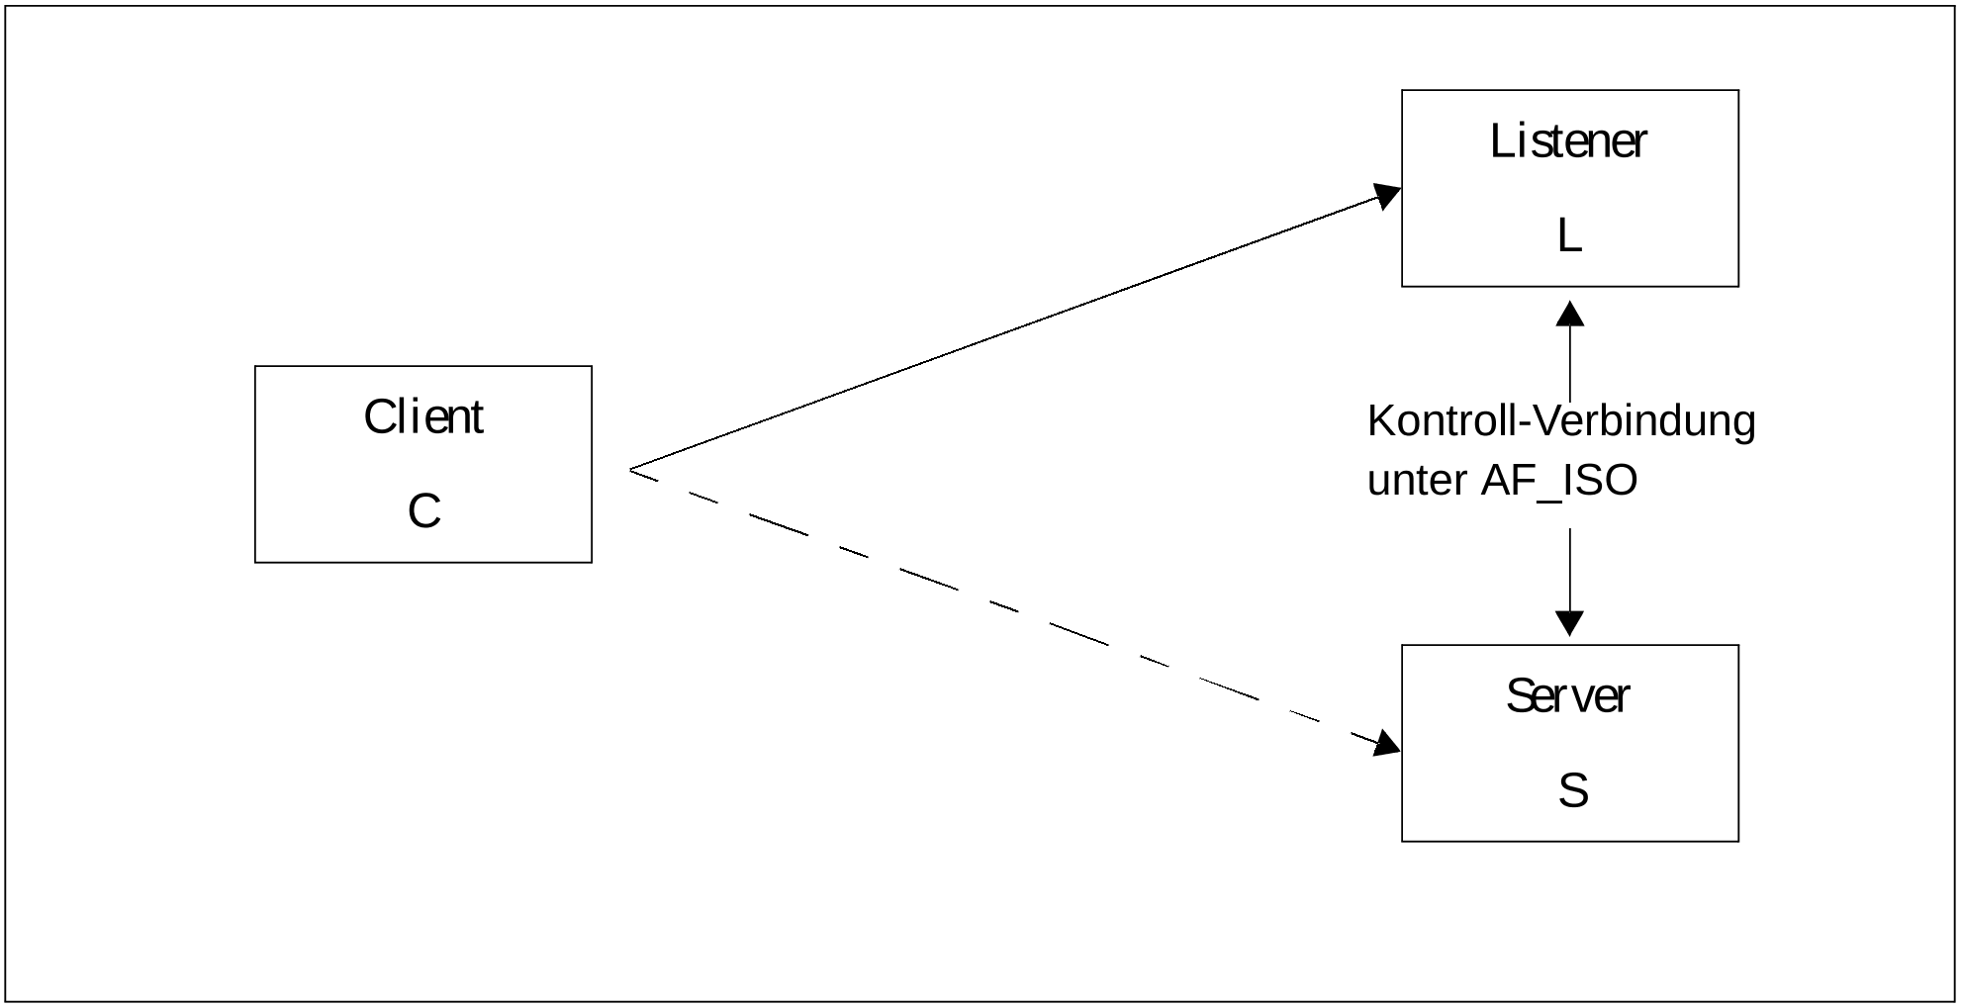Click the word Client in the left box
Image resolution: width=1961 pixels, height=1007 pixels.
pos(423,416)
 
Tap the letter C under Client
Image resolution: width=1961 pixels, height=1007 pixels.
pos(424,511)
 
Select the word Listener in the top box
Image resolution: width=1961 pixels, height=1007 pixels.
pos(1568,140)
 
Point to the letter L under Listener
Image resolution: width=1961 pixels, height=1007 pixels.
pos(1569,235)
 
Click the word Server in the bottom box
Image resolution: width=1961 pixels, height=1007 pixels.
pos(1567,695)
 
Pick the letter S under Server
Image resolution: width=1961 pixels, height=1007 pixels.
pos(1573,790)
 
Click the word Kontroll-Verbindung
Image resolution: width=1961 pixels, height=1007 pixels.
pos(1561,420)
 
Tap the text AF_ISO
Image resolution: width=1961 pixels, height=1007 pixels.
pos(1559,481)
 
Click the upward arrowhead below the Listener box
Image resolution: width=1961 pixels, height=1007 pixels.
pos(1570,313)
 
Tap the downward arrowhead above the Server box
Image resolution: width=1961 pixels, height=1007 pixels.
pos(1570,623)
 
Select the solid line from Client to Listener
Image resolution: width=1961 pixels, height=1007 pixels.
pos(1015,330)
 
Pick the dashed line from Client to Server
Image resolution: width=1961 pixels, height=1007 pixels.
pos(1015,608)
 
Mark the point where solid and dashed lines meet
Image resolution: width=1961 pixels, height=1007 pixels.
pos(630,470)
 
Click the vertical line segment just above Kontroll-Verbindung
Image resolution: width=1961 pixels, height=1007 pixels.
pos(1570,363)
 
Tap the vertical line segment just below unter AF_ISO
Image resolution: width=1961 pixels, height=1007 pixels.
pos(1570,570)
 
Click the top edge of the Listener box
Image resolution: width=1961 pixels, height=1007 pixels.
pos(1570,91)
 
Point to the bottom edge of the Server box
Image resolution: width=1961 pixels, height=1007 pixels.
pos(1570,841)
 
